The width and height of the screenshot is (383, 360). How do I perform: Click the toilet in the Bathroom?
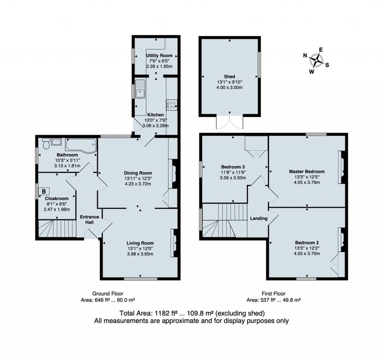(46, 144)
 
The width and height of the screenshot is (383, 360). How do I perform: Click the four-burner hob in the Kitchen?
(172, 104)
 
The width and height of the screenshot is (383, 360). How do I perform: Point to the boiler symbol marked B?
(44, 191)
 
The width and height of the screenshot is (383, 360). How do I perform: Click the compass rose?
(316, 60)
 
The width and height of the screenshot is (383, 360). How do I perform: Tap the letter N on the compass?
(305, 55)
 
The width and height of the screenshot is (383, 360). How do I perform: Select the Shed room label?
(229, 77)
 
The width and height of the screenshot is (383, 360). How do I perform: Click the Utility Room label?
(159, 56)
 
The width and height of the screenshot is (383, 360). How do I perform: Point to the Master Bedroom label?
(307, 172)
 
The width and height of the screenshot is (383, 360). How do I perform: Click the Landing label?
(259, 218)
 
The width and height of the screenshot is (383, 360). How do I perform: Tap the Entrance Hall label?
(90, 219)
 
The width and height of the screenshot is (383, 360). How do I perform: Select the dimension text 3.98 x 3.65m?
(140, 254)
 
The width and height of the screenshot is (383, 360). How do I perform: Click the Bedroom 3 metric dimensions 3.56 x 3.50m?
(233, 178)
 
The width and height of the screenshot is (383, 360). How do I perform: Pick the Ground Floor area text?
(108, 300)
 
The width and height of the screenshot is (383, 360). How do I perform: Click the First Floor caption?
(273, 293)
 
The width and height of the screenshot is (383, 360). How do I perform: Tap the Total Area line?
(192, 313)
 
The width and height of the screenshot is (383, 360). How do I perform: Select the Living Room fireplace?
(174, 243)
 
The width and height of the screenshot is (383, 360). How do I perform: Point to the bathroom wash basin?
(56, 141)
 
